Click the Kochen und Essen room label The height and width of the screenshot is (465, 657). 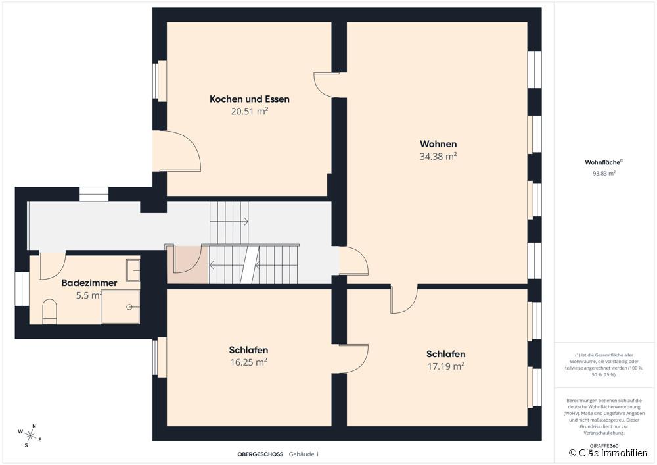click(x=249, y=99)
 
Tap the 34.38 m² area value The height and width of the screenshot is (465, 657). click(x=438, y=156)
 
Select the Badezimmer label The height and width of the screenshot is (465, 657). click(x=89, y=283)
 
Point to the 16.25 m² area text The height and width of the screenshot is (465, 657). click(x=249, y=362)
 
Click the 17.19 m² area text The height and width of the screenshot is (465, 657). click(x=446, y=366)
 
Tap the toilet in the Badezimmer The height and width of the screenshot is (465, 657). click(x=49, y=312)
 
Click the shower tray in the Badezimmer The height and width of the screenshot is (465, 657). click(x=121, y=307)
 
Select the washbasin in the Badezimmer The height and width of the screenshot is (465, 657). click(x=133, y=270)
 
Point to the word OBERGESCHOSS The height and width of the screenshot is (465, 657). click(x=260, y=454)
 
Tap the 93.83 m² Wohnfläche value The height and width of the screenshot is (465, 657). click(x=604, y=173)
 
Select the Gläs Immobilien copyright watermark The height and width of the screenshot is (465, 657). click(x=608, y=453)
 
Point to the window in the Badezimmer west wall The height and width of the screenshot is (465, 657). click(x=22, y=289)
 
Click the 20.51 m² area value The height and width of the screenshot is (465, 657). click(x=249, y=111)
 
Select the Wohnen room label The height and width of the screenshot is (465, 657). click(x=438, y=144)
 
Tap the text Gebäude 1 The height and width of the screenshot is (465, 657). click(x=304, y=454)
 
